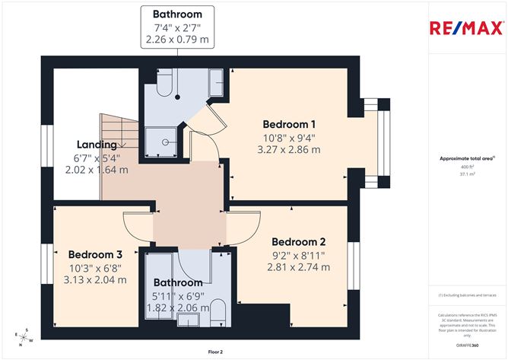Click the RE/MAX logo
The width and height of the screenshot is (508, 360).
(467, 28)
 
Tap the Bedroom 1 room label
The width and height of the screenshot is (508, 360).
(289, 124)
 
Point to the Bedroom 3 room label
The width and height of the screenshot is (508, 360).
(95, 254)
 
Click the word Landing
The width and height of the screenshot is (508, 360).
(97, 145)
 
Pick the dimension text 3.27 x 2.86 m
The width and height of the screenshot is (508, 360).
(289, 150)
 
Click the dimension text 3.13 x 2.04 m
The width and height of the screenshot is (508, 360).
(95, 279)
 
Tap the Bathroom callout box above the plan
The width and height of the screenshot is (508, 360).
(177, 27)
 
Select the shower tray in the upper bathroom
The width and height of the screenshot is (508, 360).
(165, 140)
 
